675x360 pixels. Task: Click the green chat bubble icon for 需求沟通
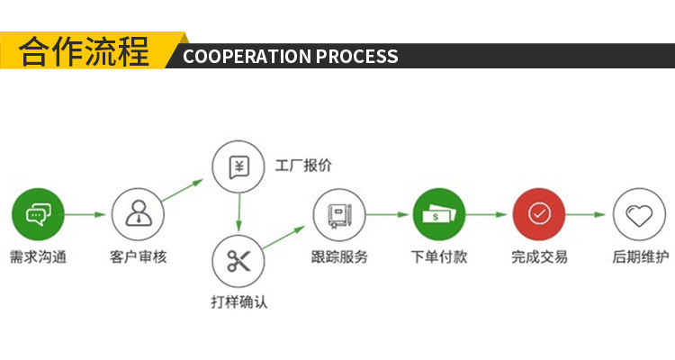[37, 214]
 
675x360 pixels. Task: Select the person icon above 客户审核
[138, 214]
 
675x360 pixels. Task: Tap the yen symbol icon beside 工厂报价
[238, 167]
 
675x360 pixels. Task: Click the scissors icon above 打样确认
[238, 261]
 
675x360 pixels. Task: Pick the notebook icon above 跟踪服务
[339, 214]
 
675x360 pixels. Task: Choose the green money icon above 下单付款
[439, 214]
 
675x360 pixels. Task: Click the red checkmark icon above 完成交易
[539, 214]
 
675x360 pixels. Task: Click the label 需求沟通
[37, 256]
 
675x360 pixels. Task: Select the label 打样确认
[238, 302]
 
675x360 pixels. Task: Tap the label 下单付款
[439, 256]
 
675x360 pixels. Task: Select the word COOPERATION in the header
[246, 57]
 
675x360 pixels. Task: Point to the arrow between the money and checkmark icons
[489, 214]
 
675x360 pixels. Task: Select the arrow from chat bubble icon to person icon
[86, 214]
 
